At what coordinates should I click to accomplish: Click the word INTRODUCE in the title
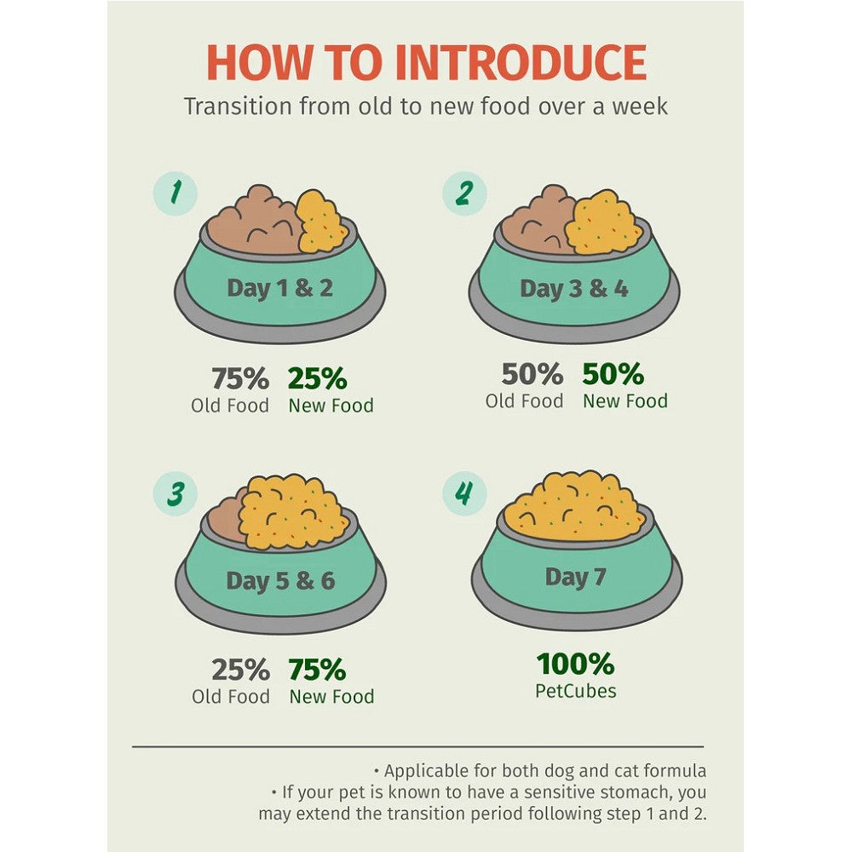521,62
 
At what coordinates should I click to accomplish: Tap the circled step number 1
175,194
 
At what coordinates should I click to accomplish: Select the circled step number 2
464,193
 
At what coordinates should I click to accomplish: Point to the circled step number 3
175,493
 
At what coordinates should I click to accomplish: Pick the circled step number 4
464,493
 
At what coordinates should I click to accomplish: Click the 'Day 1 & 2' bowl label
279,288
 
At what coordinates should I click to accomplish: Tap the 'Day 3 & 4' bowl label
573,289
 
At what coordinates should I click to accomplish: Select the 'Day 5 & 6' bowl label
280,581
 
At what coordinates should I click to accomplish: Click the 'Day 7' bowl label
575,577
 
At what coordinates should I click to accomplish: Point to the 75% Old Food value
240,378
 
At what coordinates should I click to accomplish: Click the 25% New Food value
317,378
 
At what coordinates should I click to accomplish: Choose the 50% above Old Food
532,374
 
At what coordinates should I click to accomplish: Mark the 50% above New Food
613,374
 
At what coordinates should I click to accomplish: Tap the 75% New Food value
317,670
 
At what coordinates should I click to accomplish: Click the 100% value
575,664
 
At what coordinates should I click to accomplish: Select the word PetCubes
576,691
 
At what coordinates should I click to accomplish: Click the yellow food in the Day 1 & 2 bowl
320,222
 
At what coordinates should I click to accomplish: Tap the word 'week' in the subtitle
640,106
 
